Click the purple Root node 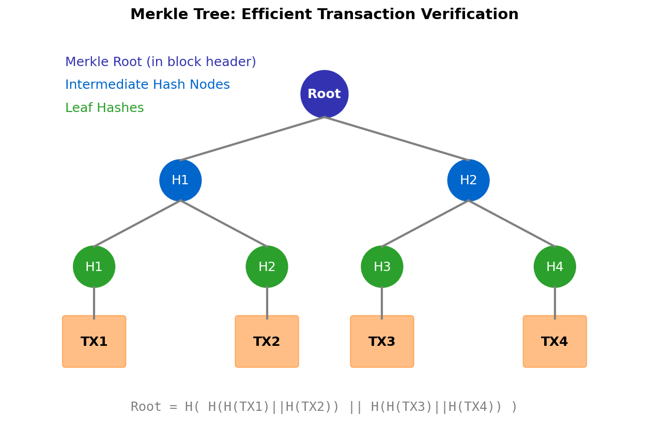coord(324,94)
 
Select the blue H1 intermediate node coord(180,180)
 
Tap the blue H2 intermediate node coord(468,180)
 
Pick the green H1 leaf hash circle coord(94,267)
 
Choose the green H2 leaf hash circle coord(267,267)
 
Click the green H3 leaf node coord(382,267)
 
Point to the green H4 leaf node coord(554,267)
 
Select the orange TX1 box coord(94,342)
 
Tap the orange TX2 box coord(267,342)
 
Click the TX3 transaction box coord(382,342)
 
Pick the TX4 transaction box coord(554,342)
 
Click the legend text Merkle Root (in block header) coord(160,62)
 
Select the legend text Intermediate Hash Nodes coord(147,85)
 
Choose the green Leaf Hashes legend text coord(104,108)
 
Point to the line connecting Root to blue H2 coord(396,138)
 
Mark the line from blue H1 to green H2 coord(224,223)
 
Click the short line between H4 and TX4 coord(554,304)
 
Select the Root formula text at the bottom coord(324,407)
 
